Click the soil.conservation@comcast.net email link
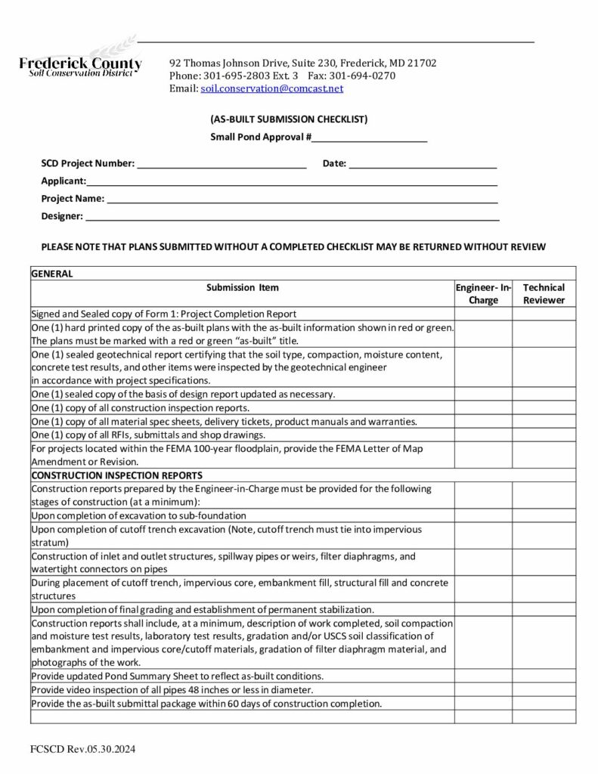pyautogui.click(x=271, y=88)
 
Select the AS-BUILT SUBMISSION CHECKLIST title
pyautogui.click(x=289, y=119)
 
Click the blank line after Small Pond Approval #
pyautogui.click(x=370, y=137)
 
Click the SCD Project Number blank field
pyautogui.click(x=221, y=163)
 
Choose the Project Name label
pyautogui.click(x=73, y=198)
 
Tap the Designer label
pyautogui.click(x=62, y=216)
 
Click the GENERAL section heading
pyautogui.click(x=52, y=274)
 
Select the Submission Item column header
pyautogui.click(x=242, y=287)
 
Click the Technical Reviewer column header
pyautogui.click(x=544, y=293)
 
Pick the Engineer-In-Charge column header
pyautogui.click(x=484, y=293)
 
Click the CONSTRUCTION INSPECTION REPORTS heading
pyautogui.click(x=116, y=475)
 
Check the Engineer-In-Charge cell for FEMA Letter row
pyautogui.click(x=484, y=455)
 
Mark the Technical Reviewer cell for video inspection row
pyautogui.click(x=544, y=690)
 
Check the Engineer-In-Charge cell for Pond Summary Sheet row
pyautogui.click(x=484, y=676)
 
